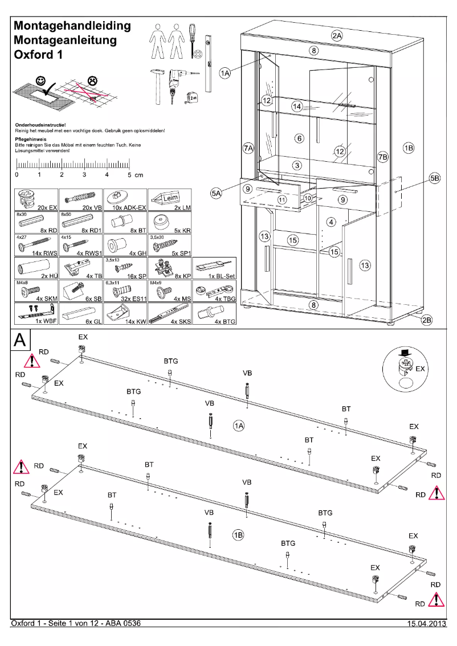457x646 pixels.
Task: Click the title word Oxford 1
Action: click(x=38, y=55)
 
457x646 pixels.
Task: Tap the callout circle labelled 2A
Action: click(x=337, y=35)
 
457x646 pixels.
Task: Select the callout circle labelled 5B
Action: click(x=435, y=178)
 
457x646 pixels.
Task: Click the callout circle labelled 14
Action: click(x=297, y=107)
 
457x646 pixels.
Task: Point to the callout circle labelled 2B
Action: click(x=427, y=320)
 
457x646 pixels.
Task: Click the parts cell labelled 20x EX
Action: click(x=35, y=201)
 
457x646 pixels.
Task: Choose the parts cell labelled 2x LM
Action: click(x=169, y=201)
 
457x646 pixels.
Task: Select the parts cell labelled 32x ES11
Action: click(x=124, y=291)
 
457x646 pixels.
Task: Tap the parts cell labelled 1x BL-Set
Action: click(x=214, y=268)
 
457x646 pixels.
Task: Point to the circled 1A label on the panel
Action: click(x=239, y=426)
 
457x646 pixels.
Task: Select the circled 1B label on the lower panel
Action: click(x=238, y=535)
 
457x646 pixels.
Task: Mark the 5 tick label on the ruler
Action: click(x=130, y=174)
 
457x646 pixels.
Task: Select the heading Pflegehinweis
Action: click(x=31, y=138)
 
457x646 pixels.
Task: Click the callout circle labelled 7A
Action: click(x=248, y=148)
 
